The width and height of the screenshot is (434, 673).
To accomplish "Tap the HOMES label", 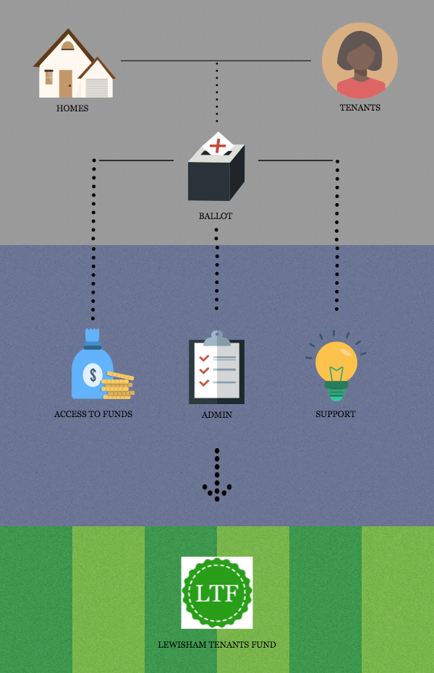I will click(72, 108).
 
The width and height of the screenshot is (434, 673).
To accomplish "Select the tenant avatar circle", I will click(359, 61).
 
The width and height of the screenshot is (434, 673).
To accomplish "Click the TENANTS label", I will click(360, 108).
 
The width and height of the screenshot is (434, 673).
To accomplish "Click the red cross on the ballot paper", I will click(217, 146).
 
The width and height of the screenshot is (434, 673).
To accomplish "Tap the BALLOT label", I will click(216, 216).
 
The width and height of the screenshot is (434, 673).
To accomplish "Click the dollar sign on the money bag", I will click(92, 374).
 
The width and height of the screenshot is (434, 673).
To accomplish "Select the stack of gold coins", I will click(118, 385).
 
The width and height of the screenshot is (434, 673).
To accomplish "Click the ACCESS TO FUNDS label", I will click(93, 415).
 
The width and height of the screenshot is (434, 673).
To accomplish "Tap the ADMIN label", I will click(216, 416).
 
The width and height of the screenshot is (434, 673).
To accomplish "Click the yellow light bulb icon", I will click(336, 365).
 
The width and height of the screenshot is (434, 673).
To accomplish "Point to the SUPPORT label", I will click(336, 415).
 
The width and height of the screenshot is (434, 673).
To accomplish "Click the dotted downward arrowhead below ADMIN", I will click(216, 491).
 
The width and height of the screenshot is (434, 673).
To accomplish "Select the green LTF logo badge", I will click(217, 593).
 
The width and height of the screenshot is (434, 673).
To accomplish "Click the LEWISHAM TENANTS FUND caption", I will click(217, 645).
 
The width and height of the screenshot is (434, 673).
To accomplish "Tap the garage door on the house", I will click(96, 87).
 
